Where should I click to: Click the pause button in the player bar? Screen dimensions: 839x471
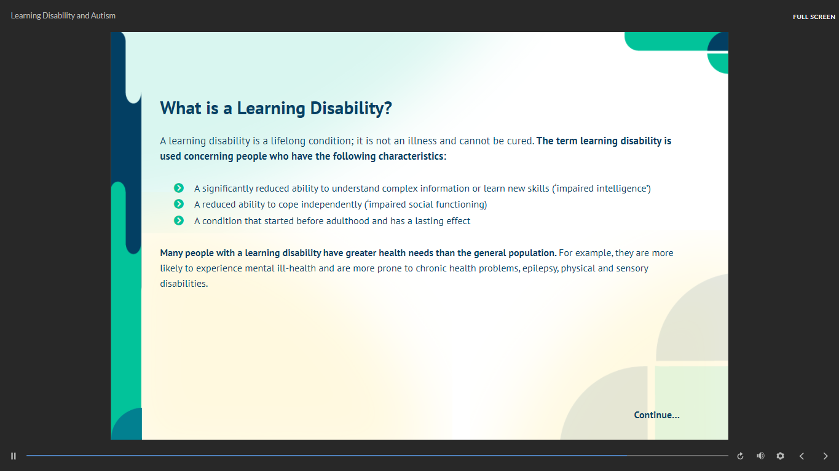[x=14, y=456]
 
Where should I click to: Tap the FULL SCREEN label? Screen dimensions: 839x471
[x=814, y=17]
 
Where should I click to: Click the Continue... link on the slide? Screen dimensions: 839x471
[x=656, y=415]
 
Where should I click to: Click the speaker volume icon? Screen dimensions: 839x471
[x=760, y=456]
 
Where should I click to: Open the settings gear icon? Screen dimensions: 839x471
[x=780, y=456]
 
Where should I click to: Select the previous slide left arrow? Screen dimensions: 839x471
[x=802, y=456]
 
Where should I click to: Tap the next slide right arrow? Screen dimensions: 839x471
[x=825, y=456]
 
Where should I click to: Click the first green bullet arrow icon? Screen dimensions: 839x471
[x=179, y=188]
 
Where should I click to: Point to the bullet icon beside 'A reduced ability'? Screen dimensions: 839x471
[x=179, y=204]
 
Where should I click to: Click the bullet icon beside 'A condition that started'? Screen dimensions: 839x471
[x=179, y=220]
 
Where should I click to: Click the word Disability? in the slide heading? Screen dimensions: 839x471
[x=351, y=109]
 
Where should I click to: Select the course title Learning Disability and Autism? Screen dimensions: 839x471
[x=63, y=16]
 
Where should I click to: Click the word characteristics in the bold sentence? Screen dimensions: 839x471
[x=411, y=156]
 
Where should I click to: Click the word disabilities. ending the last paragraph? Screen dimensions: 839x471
[x=184, y=284]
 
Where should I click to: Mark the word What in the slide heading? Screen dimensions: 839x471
[x=181, y=108]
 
